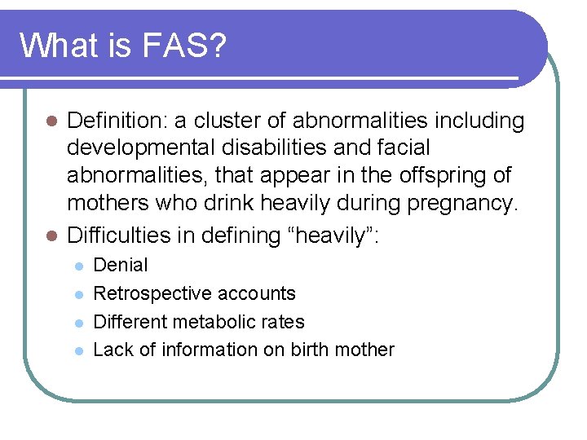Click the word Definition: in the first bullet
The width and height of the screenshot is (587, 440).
pos(116,121)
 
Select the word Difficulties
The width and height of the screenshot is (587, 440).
pos(121,235)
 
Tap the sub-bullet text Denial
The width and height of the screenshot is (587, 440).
pos(121,265)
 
